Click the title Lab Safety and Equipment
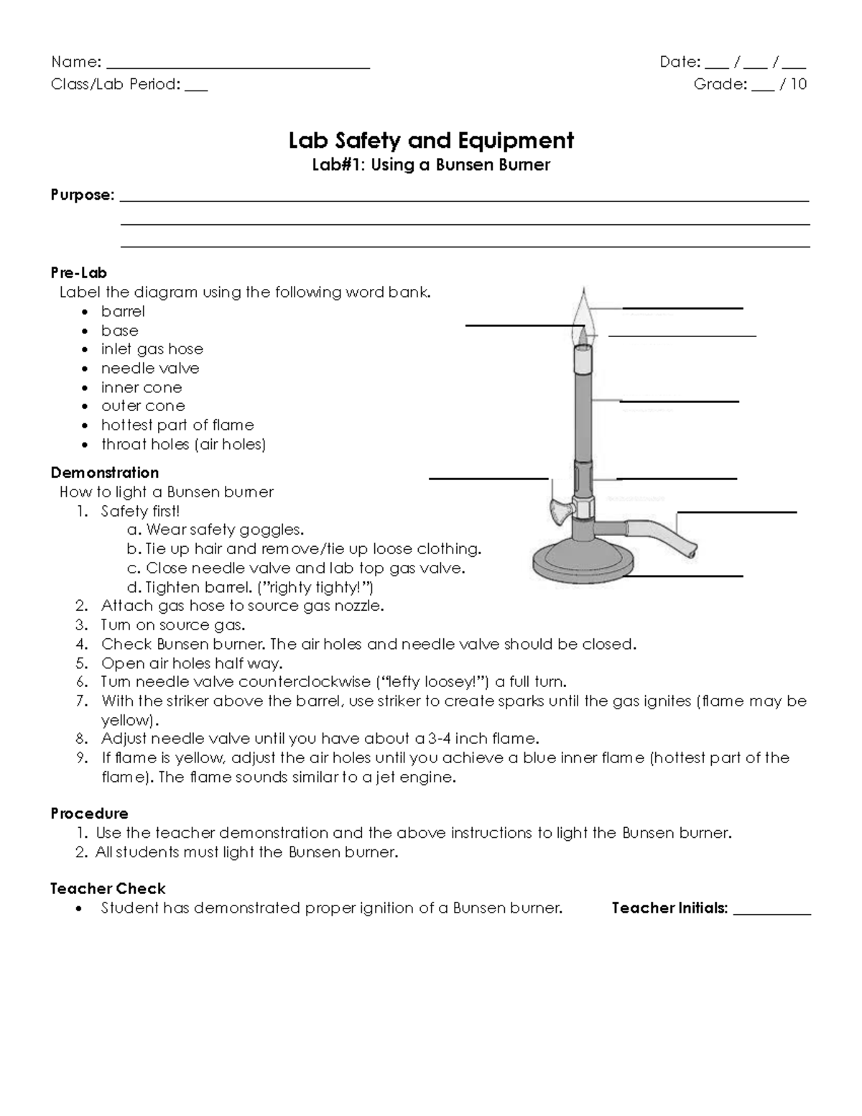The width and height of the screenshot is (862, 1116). [431, 140]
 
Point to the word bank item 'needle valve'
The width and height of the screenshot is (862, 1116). [150, 368]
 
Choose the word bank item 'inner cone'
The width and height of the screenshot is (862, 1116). [142, 387]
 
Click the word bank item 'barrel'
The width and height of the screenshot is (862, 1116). [123, 311]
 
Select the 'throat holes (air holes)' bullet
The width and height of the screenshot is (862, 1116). [183, 444]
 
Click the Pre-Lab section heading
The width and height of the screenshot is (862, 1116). [78, 272]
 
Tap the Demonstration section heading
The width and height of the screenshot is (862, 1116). [104, 472]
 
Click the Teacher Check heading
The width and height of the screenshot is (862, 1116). [108, 888]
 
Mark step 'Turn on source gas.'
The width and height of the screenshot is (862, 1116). [173, 624]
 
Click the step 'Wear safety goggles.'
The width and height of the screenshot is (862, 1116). [224, 530]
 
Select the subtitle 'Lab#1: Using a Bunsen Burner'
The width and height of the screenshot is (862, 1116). [431, 165]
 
